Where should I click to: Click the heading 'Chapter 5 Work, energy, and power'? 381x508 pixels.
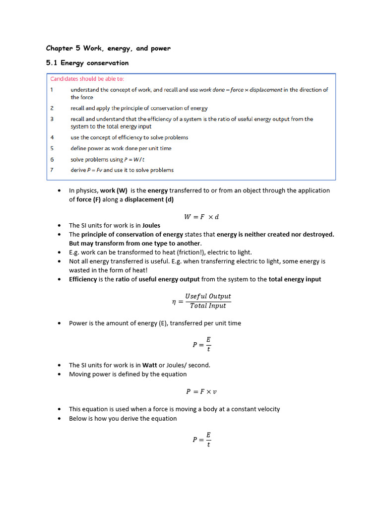coord(108,48)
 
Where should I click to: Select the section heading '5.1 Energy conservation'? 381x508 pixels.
coord(87,63)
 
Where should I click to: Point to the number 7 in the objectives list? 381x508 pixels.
coord(52,170)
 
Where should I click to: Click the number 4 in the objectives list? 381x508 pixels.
coord(52,137)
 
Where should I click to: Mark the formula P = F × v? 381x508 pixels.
coord(201,391)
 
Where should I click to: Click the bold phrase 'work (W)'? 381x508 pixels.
coord(114,190)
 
